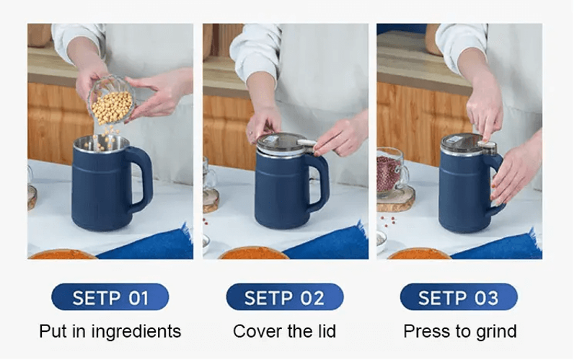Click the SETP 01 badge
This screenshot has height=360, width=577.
tap(110, 297)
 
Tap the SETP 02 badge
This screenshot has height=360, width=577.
tap(284, 297)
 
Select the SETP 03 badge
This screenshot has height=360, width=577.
tap(459, 297)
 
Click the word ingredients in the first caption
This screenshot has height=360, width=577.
tap(136, 332)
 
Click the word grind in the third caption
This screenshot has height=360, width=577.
tap(496, 332)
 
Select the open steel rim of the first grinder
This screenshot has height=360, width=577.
tap(101, 142)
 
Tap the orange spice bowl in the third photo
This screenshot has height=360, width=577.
tap(419, 254)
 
